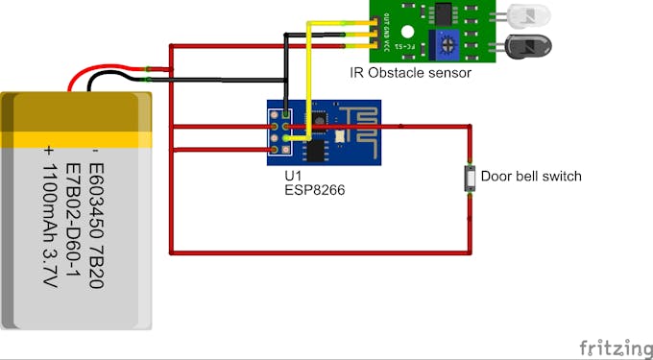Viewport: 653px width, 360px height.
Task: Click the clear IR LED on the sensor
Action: coord(524,15)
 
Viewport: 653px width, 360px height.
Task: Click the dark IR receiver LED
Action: coord(524,44)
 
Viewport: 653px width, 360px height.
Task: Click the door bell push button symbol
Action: coord(470,179)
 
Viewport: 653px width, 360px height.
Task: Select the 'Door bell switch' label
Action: coord(531,177)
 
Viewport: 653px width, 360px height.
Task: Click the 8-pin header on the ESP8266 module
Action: coord(280,132)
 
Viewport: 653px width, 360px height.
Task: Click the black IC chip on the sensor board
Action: coord(443,12)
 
